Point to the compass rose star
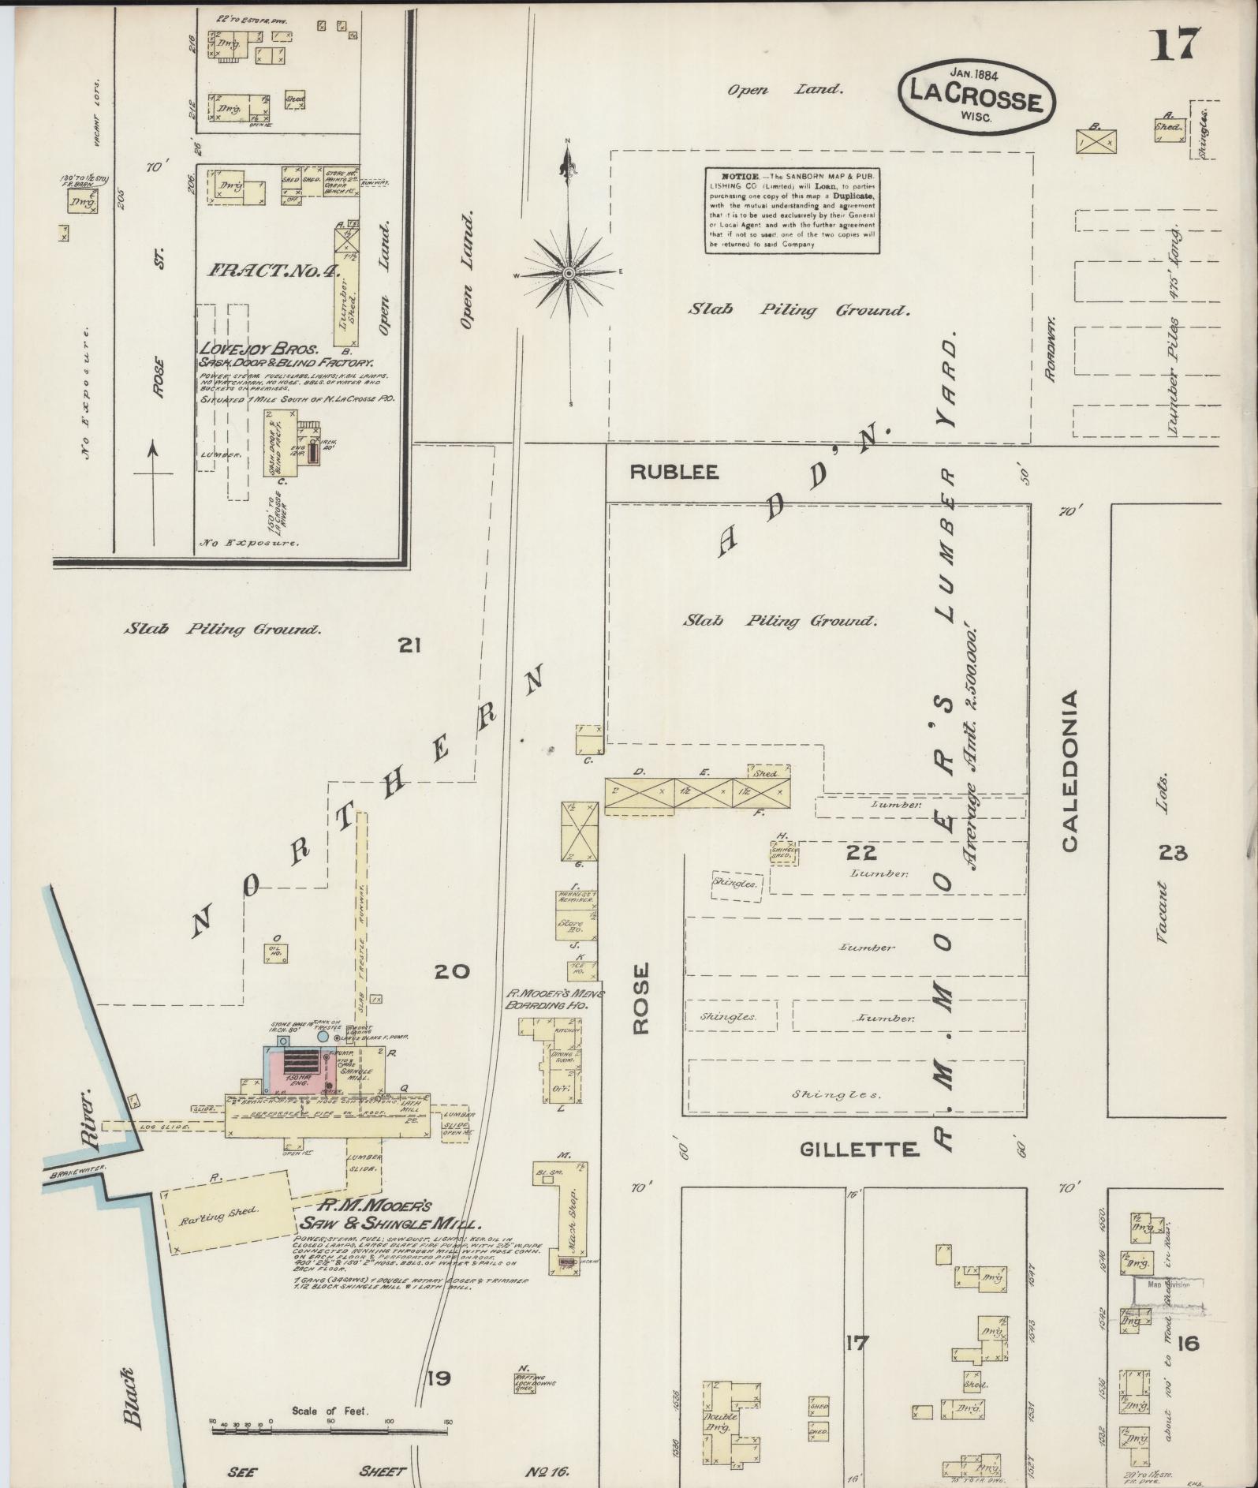tap(568, 273)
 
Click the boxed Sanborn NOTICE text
tap(792, 210)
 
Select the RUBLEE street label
tap(674, 472)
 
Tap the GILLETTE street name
tap(859, 1149)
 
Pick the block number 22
tap(861, 852)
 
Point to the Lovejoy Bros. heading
tap(258, 348)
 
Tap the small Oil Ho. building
tap(276, 951)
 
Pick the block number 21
tap(409, 646)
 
